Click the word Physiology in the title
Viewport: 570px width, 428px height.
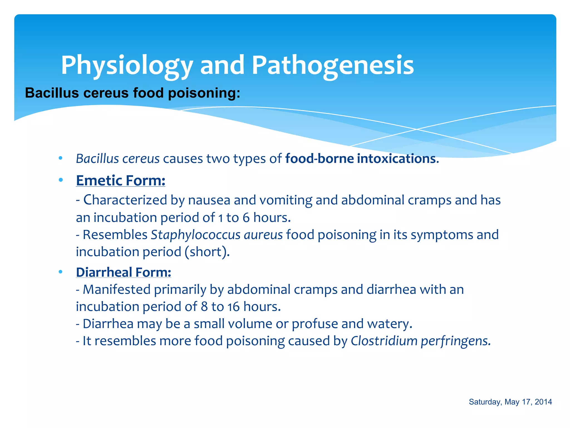click(127, 65)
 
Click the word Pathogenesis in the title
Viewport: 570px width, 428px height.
click(333, 65)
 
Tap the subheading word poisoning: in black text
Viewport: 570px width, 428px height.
click(204, 93)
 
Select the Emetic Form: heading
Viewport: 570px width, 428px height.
click(121, 181)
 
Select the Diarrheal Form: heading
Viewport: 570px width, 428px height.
click(123, 272)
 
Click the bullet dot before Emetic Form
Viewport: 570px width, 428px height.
click(61, 180)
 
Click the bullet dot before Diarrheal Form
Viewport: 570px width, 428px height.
click(61, 272)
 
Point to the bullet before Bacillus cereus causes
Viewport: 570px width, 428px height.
click(61, 158)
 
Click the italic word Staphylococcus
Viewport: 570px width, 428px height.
click(195, 235)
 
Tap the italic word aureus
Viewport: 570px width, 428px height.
click(263, 235)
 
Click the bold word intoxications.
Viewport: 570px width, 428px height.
click(398, 159)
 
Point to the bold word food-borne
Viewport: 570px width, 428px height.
click(319, 159)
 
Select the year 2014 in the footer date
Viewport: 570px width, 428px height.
click(543, 402)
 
